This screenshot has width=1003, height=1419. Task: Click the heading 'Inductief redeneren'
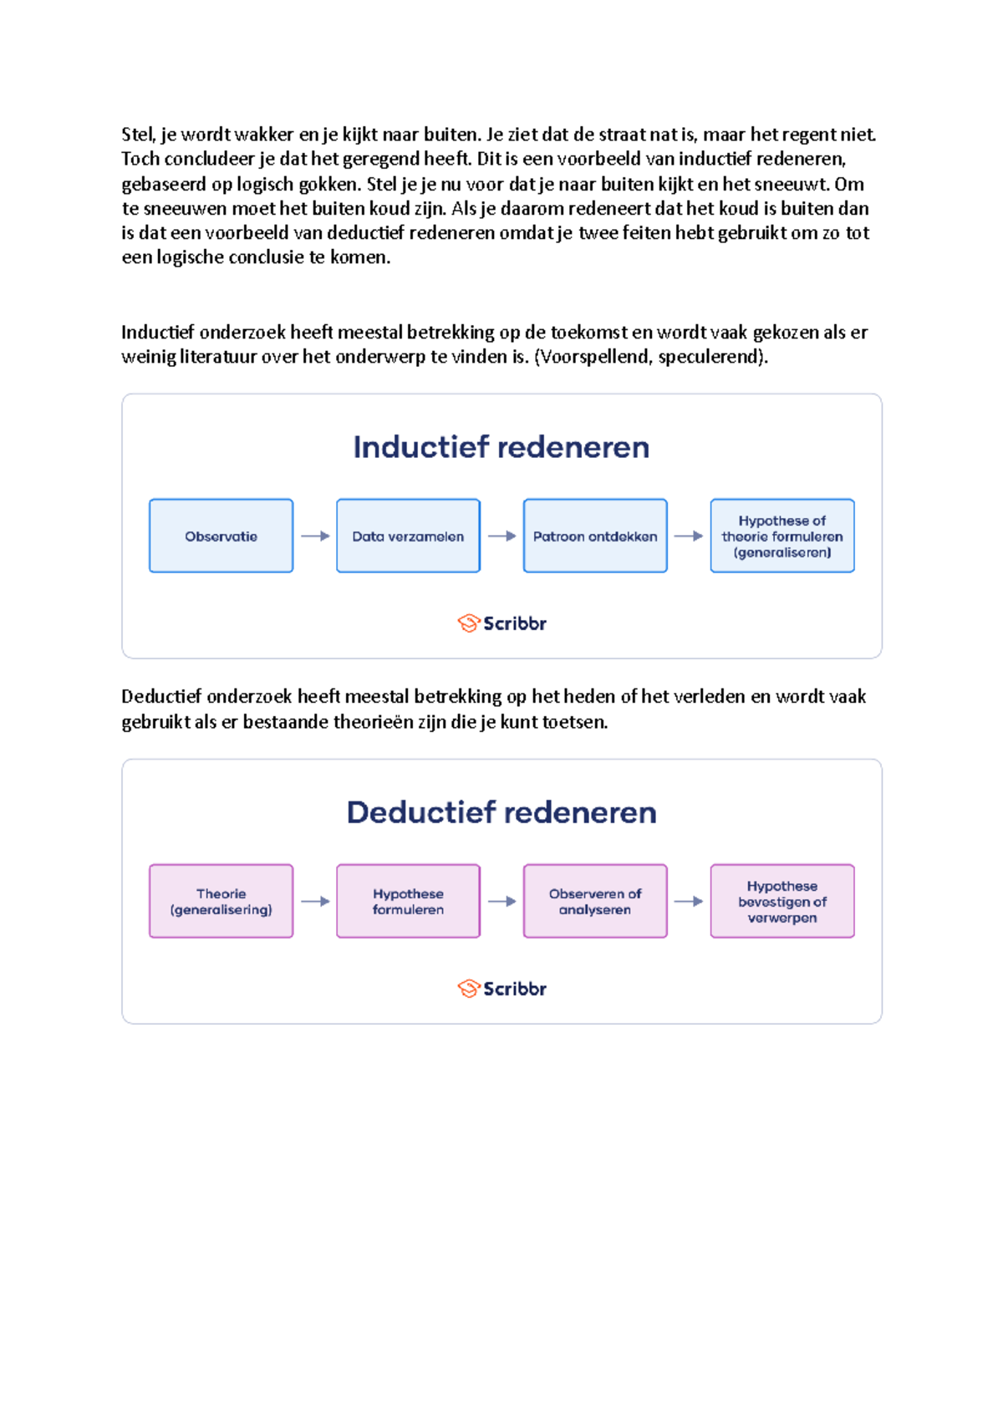tap(501, 447)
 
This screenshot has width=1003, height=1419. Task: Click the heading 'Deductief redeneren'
tap(501, 812)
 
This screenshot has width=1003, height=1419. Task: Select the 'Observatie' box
tap(221, 536)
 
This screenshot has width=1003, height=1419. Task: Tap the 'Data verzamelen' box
tap(408, 536)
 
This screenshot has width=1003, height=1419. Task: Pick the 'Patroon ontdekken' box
tap(595, 536)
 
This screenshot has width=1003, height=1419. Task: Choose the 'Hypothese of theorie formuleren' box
tap(782, 536)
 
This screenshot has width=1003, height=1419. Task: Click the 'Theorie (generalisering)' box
tap(221, 901)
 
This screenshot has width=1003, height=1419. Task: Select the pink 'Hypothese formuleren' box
tap(408, 901)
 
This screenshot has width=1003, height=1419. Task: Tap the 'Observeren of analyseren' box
tap(595, 901)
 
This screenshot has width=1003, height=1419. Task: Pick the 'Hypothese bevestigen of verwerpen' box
tap(782, 901)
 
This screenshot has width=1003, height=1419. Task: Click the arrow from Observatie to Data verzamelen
tap(315, 536)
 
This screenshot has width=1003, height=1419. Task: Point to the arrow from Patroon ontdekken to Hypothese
tap(689, 536)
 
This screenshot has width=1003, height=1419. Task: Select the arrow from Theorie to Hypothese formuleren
tap(315, 901)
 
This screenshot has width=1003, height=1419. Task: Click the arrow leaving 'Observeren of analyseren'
tap(689, 901)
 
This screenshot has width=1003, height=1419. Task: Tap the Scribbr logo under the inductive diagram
tap(501, 623)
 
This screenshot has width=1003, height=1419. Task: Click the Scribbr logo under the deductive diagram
tap(501, 989)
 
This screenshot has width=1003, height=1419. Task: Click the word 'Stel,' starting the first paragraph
tap(138, 135)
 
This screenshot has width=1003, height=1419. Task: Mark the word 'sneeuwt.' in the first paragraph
tap(792, 184)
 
